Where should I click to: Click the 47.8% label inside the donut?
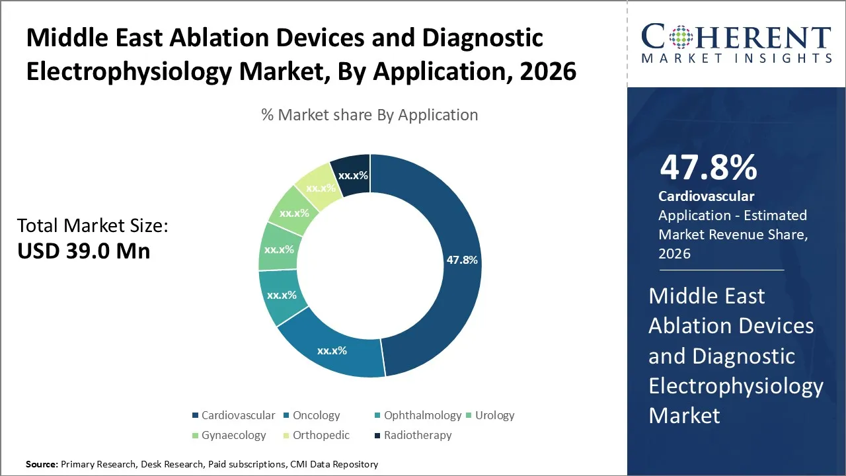point(462,260)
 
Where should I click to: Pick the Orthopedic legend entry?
point(321,435)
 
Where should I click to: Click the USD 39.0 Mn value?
point(83,251)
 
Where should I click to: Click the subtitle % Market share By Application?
point(369,115)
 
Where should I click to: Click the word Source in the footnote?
point(41,465)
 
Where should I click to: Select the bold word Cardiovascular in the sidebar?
point(706,196)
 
